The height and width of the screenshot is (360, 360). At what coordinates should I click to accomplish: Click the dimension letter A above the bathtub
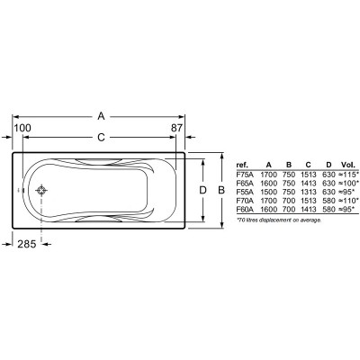(x=101, y=116)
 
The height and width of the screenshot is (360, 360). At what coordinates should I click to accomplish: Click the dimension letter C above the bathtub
(x=102, y=138)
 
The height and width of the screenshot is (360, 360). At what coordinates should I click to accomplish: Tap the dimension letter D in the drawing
(x=203, y=190)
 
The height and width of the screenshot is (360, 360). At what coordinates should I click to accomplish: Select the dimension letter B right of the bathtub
(x=221, y=190)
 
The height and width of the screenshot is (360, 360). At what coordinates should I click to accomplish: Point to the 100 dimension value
(x=22, y=128)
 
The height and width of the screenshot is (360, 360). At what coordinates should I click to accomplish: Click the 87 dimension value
(x=176, y=128)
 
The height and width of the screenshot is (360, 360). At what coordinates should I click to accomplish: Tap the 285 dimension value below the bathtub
(x=27, y=244)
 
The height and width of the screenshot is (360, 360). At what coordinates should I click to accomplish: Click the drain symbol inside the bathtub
(x=41, y=190)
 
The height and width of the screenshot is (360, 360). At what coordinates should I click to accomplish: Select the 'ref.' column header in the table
(x=242, y=165)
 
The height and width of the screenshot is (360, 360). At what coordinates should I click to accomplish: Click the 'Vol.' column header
(x=348, y=165)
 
